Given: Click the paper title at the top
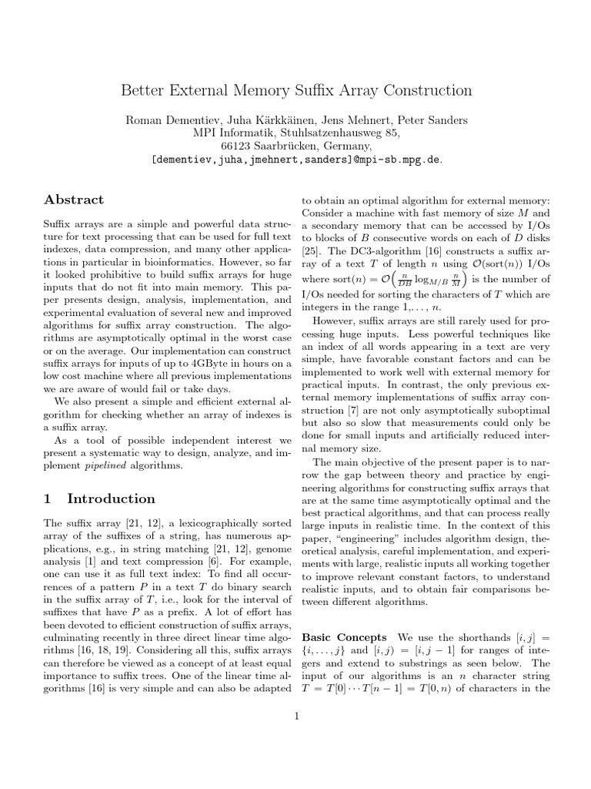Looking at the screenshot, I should pos(296,91).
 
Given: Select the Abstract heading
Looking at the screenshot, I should pos(73,200).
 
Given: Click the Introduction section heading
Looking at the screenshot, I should pos(111,499).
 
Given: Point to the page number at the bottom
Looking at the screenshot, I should pos(296,717).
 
